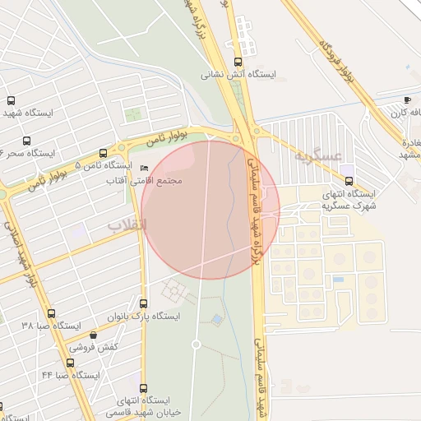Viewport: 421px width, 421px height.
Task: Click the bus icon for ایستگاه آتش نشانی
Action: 238,62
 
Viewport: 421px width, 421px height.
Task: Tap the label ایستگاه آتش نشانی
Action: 240,75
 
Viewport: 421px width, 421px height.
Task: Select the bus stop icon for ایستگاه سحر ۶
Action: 27,141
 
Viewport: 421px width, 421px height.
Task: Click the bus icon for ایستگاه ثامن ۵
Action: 103,153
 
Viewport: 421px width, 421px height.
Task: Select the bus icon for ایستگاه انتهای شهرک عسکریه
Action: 349,181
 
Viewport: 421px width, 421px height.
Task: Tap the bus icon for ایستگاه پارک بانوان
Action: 144,303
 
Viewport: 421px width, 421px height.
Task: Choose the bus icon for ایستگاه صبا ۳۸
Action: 51,313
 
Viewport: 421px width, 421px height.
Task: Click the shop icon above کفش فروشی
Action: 93,335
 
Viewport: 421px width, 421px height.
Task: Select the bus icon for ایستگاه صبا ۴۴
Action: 71,362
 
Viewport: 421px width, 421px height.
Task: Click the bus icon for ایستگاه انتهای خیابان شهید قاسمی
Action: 144,388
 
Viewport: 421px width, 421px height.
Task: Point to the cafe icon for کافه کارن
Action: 407,99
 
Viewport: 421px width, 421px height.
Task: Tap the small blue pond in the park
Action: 216,319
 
